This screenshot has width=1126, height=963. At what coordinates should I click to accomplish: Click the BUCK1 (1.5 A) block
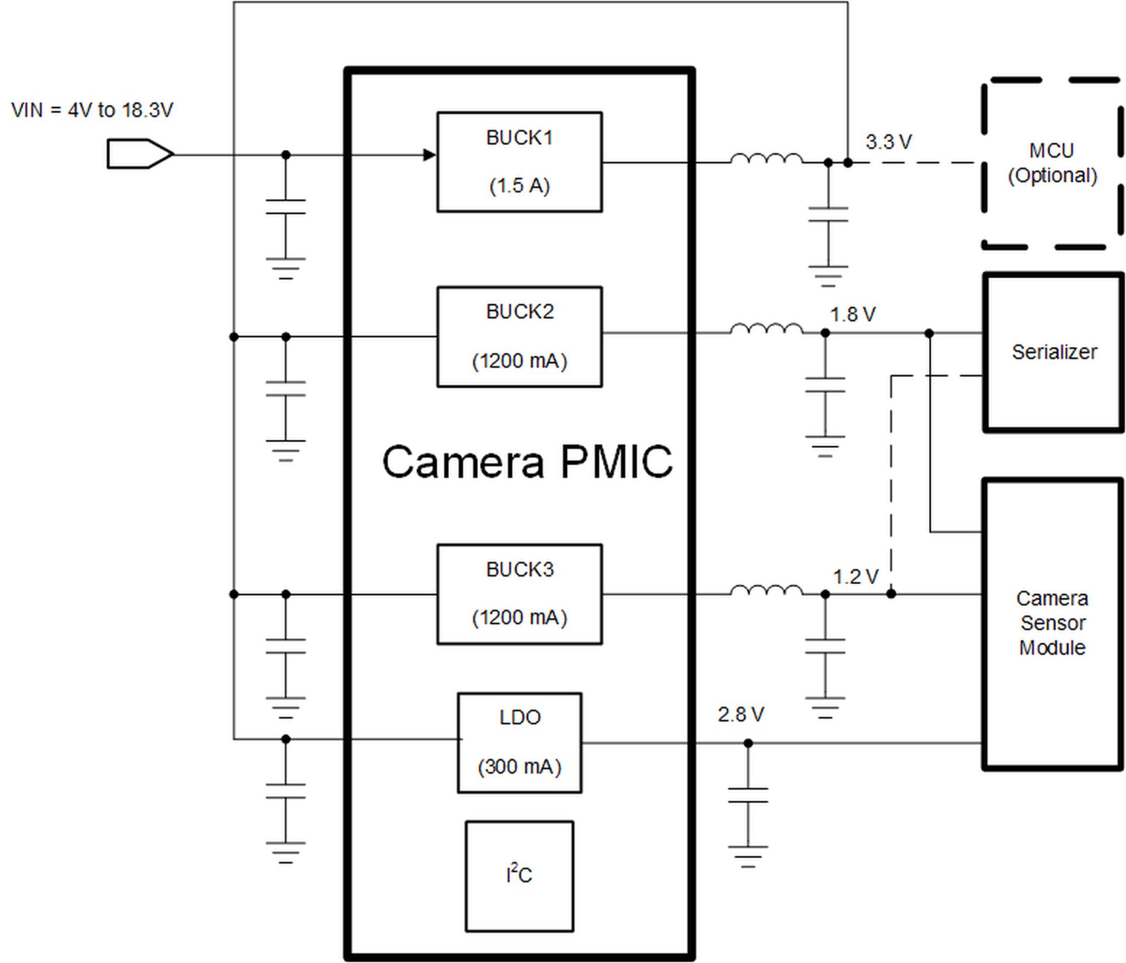519,162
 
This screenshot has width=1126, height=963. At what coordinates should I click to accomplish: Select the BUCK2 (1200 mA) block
519,337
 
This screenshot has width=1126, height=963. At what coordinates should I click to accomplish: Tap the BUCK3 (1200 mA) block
519,594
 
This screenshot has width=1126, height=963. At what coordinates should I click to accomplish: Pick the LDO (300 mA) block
519,743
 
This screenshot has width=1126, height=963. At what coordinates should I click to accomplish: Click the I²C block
519,876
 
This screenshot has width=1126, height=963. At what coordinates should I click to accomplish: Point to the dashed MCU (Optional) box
1052,163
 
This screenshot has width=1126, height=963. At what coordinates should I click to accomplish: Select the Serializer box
1053,352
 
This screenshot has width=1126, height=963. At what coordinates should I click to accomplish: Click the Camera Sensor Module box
1052,623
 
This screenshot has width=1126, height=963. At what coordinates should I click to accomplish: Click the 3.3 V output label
888,142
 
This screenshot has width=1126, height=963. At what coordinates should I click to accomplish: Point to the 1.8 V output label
852,315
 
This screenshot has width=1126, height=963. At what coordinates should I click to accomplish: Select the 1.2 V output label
855,577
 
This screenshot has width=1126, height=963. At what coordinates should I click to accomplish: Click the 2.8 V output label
740,715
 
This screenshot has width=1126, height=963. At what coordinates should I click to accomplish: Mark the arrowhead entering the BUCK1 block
430,155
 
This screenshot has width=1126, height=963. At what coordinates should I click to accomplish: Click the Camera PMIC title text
527,462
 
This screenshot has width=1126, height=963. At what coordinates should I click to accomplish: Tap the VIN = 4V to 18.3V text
92,110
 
